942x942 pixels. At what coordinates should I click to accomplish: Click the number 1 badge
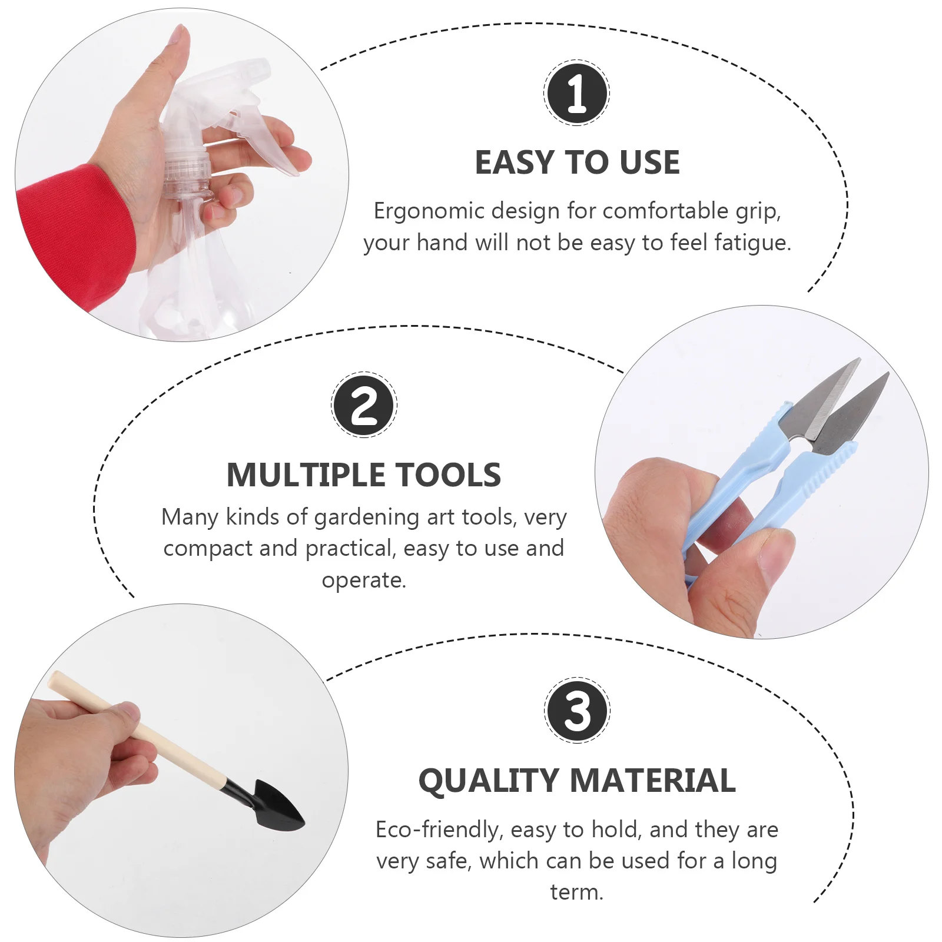click(x=576, y=92)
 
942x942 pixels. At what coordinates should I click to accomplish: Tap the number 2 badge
click(x=364, y=405)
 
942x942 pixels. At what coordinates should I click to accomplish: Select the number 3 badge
click(x=577, y=710)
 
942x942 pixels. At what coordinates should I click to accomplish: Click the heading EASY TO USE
click(x=577, y=162)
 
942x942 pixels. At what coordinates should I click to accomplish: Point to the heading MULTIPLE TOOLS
click(x=364, y=475)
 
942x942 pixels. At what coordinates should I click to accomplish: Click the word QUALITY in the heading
click(x=488, y=781)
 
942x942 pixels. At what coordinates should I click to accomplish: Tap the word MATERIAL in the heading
click(x=653, y=781)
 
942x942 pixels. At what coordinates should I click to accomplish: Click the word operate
click(x=363, y=581)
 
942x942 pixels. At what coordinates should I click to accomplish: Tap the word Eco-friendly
click(x=437, y=830)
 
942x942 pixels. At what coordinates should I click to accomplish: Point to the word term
click(x=576, y=892)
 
